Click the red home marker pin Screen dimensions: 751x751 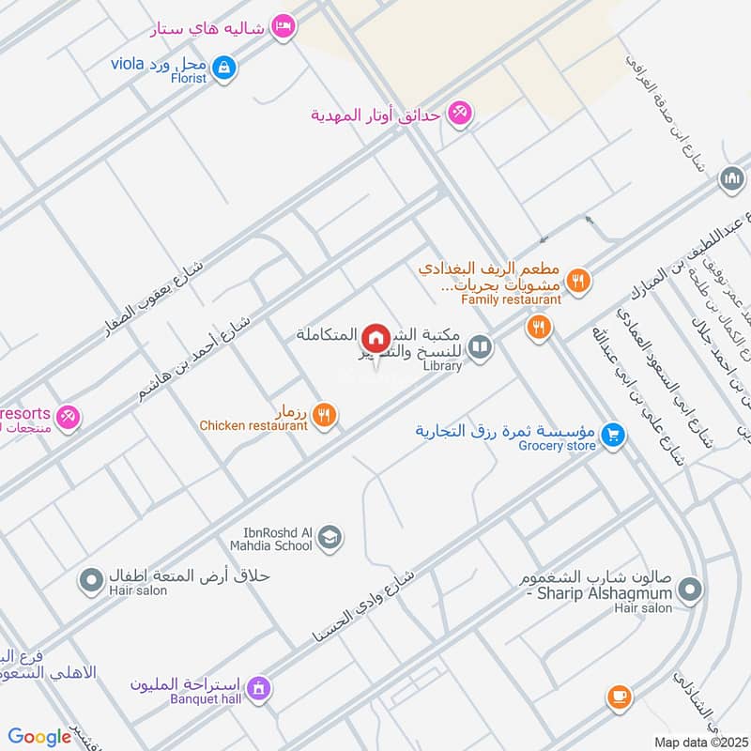pos(375,337)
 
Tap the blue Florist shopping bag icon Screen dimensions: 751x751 pos(224,67)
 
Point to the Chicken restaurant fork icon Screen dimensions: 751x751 pos(324,414)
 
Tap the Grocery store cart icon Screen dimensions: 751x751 pos(613,435)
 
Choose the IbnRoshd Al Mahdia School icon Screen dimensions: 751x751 pos(330,537)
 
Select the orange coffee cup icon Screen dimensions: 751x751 pos(618,696)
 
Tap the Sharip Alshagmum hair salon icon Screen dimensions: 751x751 pos(690,590)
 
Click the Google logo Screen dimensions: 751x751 pos(39,737)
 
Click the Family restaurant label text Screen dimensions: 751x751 pos(511,299)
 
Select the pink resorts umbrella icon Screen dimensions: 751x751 pos(68,416)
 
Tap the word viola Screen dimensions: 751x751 pos(128,64)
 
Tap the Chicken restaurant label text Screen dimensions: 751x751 pos(253,425)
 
